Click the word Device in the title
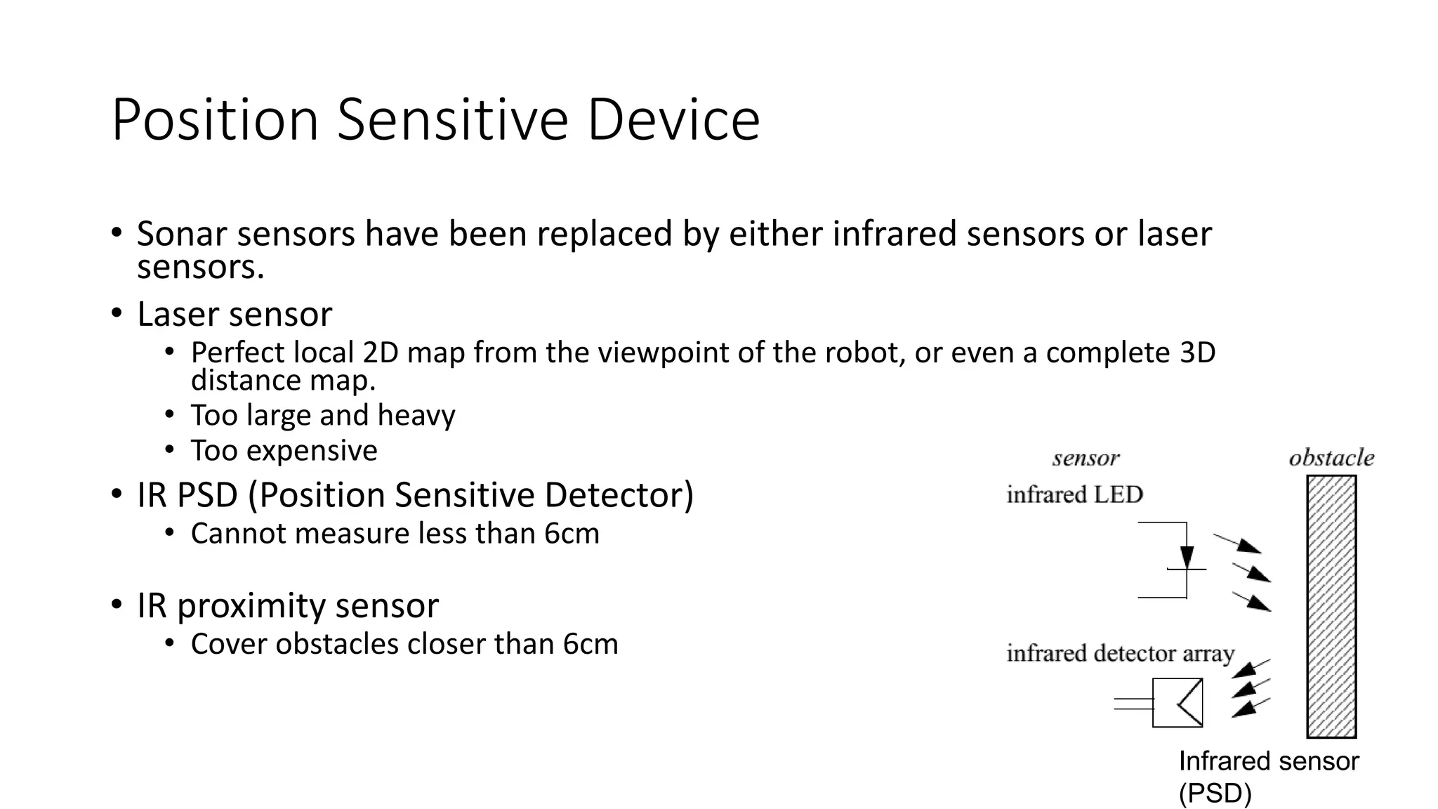point(673,119)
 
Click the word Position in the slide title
point(215,119)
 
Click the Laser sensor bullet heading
point(235,314)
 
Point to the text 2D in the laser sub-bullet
point(381,353)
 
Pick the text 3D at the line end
point(1197,353)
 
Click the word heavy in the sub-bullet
point(416,415)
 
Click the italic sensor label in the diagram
point(1086,459)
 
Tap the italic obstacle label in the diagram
point(1331,458)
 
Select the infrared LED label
point(1074,494)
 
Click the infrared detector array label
point(1120,653)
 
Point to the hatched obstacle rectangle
point(1331,607)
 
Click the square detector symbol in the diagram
point(1178,702)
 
